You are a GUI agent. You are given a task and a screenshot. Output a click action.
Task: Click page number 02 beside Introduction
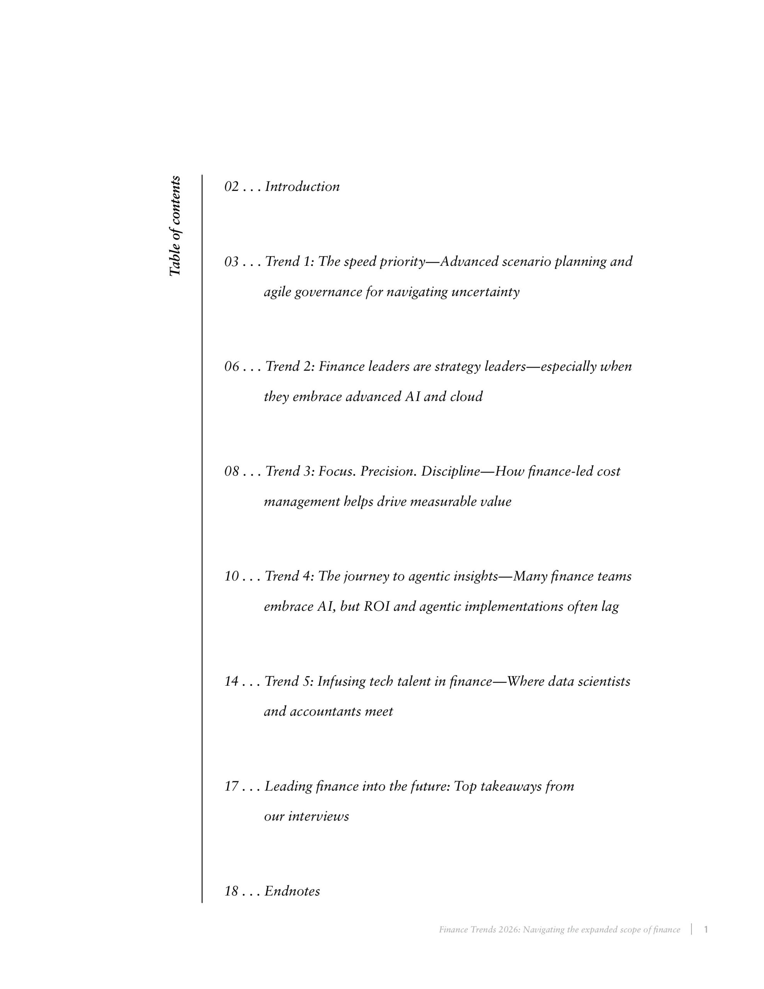231,187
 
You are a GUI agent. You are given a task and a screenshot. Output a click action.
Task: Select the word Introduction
302,187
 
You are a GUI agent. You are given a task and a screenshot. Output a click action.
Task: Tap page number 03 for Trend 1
231,262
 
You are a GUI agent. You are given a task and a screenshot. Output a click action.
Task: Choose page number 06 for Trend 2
231,366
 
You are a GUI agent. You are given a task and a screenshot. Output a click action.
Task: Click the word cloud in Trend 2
466,397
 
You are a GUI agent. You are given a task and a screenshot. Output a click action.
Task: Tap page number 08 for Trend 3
231,471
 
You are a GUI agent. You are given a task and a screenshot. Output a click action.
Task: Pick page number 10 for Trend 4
231,576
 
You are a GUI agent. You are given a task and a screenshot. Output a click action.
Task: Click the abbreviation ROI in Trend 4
376,607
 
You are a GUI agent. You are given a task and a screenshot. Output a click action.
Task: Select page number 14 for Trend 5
231,681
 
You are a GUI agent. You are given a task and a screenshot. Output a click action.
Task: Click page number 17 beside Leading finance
231,787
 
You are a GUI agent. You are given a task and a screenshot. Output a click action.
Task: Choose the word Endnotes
292,891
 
